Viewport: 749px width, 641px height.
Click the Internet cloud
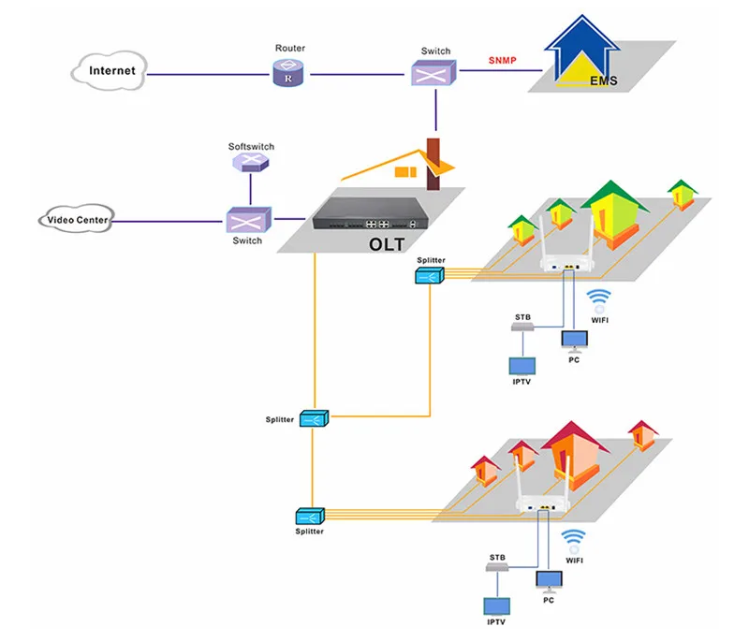click(x=110, y=70)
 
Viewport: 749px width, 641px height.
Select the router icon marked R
click(x=288, y=73)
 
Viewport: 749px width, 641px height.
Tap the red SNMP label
click(x=502, y=61)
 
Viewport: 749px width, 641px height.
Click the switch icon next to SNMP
click(x=433, y=73)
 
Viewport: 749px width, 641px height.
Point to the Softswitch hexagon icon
click(x=250, y=163)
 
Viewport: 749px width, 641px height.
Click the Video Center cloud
click(x=77, y=220)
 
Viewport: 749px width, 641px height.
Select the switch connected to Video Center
click(x=248, y=220)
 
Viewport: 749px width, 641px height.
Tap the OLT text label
click(x=387, y=244)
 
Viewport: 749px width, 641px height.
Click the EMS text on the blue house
click(x=603, y=80)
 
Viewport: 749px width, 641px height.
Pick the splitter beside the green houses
click(x=430, y=275)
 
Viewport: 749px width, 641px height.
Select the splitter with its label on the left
click(x=314, y=418)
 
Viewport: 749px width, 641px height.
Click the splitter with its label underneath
click(x=310, y=517)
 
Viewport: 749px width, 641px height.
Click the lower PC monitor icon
click(x=550, y=582)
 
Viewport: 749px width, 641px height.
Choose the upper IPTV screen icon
click(x=522, y=366)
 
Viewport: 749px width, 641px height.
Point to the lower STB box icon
click(x=497, y=566)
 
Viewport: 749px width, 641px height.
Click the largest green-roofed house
click(x=615, y=215)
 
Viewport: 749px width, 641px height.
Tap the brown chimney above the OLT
click(x=433, y=164)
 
